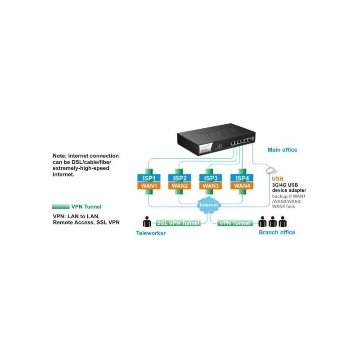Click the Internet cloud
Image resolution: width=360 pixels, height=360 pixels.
tap(209, 205)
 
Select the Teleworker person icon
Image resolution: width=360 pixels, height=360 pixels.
tap(147, 222)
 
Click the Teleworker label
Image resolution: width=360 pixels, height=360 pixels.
tap(151, 233)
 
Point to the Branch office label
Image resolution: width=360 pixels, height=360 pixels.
tap(277, 232)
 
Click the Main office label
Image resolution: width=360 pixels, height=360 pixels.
tap(282, 150)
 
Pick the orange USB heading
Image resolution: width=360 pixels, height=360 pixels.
tap(278, 178)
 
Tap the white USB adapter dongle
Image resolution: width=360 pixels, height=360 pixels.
tap(272, 170)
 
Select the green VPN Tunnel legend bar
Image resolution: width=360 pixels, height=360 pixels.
tap(61, 207)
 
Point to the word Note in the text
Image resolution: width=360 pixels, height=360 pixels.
tap(61, 156)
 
